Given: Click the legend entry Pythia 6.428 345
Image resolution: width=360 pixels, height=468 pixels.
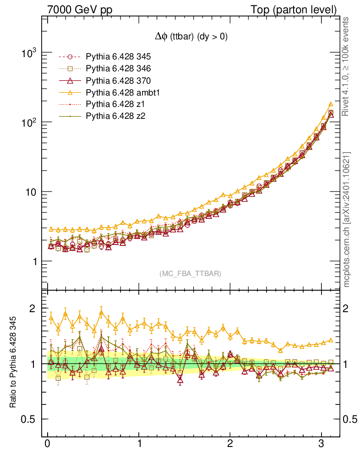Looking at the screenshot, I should coord(118,57).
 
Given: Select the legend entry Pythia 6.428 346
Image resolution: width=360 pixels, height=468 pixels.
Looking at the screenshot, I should coord(118,69).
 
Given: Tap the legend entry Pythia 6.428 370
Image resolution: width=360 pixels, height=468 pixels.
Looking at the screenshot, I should coord(118,80).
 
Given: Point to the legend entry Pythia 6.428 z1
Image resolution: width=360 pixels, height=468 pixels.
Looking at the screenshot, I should coord(115,104).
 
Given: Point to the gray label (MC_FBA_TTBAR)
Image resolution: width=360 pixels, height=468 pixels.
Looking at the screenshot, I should coord(191,274).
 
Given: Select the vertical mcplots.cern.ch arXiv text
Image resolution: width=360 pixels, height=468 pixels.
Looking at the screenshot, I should coord(347,219).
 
